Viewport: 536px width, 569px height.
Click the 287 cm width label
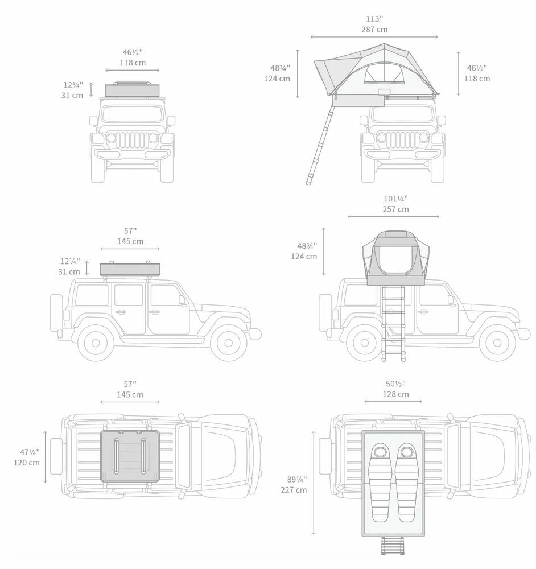click(374, 29)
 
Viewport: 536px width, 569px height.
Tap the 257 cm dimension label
click(395, 209)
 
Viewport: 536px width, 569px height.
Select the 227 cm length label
click(293, 489)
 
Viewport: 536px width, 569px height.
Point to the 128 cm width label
click(395, 394)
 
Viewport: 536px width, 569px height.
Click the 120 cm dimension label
click(27, 463)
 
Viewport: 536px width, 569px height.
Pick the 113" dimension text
click(374, 18)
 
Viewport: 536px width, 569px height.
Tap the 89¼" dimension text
click(294, 479)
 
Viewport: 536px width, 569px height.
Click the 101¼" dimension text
click(395, 199)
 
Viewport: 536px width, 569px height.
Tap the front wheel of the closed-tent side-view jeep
click(228, 343)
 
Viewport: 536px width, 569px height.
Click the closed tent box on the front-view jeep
click(132, 90)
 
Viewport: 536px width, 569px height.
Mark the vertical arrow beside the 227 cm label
click(314, 483)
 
